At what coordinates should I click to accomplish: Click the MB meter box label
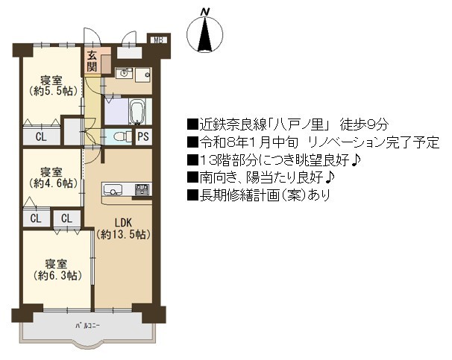point(159,40)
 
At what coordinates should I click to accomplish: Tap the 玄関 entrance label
point(92,61)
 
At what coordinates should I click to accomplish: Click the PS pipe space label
point(143,136)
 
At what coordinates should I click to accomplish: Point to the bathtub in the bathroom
point(137,112)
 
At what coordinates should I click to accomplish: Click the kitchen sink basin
point(113,190)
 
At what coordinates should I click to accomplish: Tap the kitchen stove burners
point(142,190)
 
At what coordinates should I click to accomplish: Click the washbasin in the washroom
point(124,74)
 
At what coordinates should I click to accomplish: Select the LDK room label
point(123,222)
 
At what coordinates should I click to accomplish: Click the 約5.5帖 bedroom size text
point(53,91)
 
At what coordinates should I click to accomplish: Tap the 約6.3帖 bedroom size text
point(57,275)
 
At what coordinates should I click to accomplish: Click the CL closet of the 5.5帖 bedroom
point(41,136)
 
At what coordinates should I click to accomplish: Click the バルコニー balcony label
point(87,326)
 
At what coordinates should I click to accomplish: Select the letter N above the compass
point(205,12)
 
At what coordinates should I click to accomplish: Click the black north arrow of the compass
point(205,34)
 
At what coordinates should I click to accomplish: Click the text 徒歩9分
point(365,124)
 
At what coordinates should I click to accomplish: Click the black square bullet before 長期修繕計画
point(192,195)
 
